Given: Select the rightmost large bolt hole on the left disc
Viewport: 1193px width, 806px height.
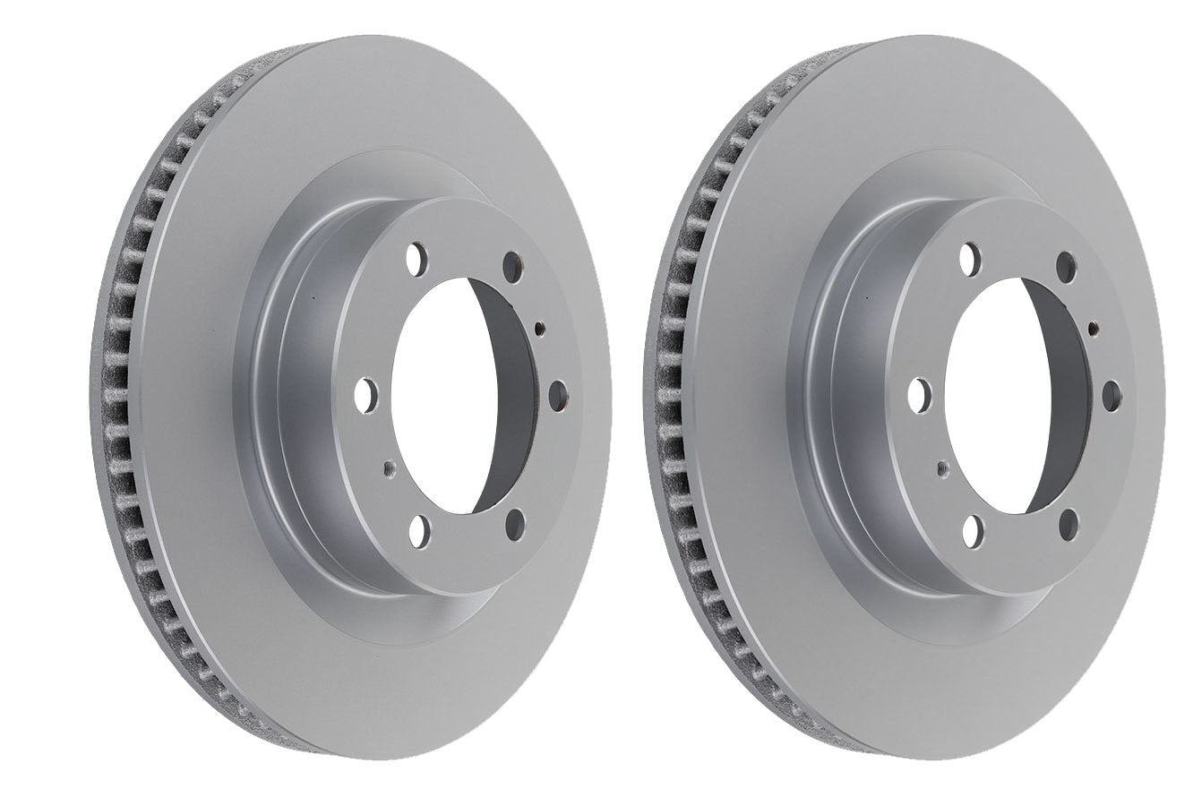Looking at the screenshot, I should (556, 391).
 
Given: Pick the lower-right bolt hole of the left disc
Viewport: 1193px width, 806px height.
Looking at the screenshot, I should (513, 522).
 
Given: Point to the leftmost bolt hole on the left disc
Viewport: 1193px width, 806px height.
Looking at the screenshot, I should (365, 393).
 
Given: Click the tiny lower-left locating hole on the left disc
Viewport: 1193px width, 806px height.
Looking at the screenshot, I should (386, 466).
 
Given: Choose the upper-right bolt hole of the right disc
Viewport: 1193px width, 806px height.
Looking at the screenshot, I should (1065, 263).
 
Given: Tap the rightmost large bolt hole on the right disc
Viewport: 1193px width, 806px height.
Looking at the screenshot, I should (1108, 391).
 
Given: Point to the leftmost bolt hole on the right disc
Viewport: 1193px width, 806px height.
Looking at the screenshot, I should (917, 393).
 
